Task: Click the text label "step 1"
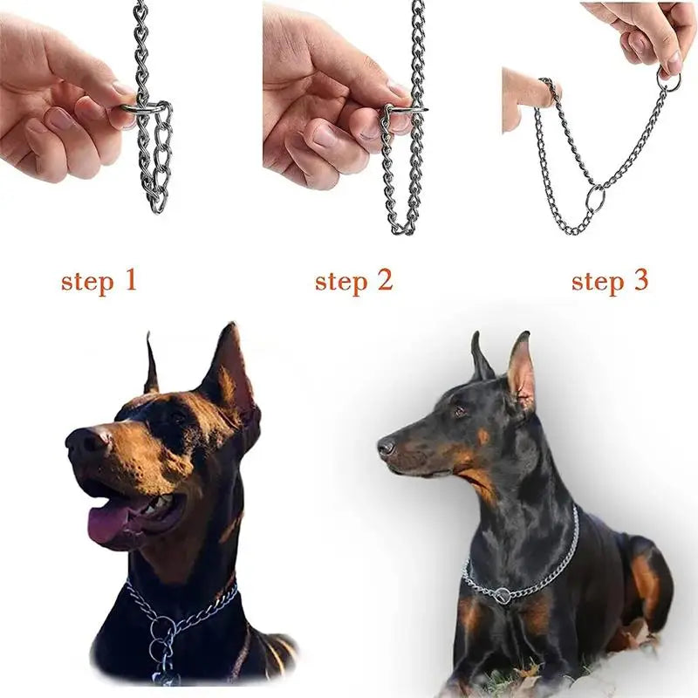(99, 281)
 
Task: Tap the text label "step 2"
(353, 281)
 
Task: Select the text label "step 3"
(610, 281)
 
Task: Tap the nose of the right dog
(386, 448)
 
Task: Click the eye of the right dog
(458, 411)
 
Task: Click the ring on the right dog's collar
(503, 596)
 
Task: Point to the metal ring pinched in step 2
(401, 110)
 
